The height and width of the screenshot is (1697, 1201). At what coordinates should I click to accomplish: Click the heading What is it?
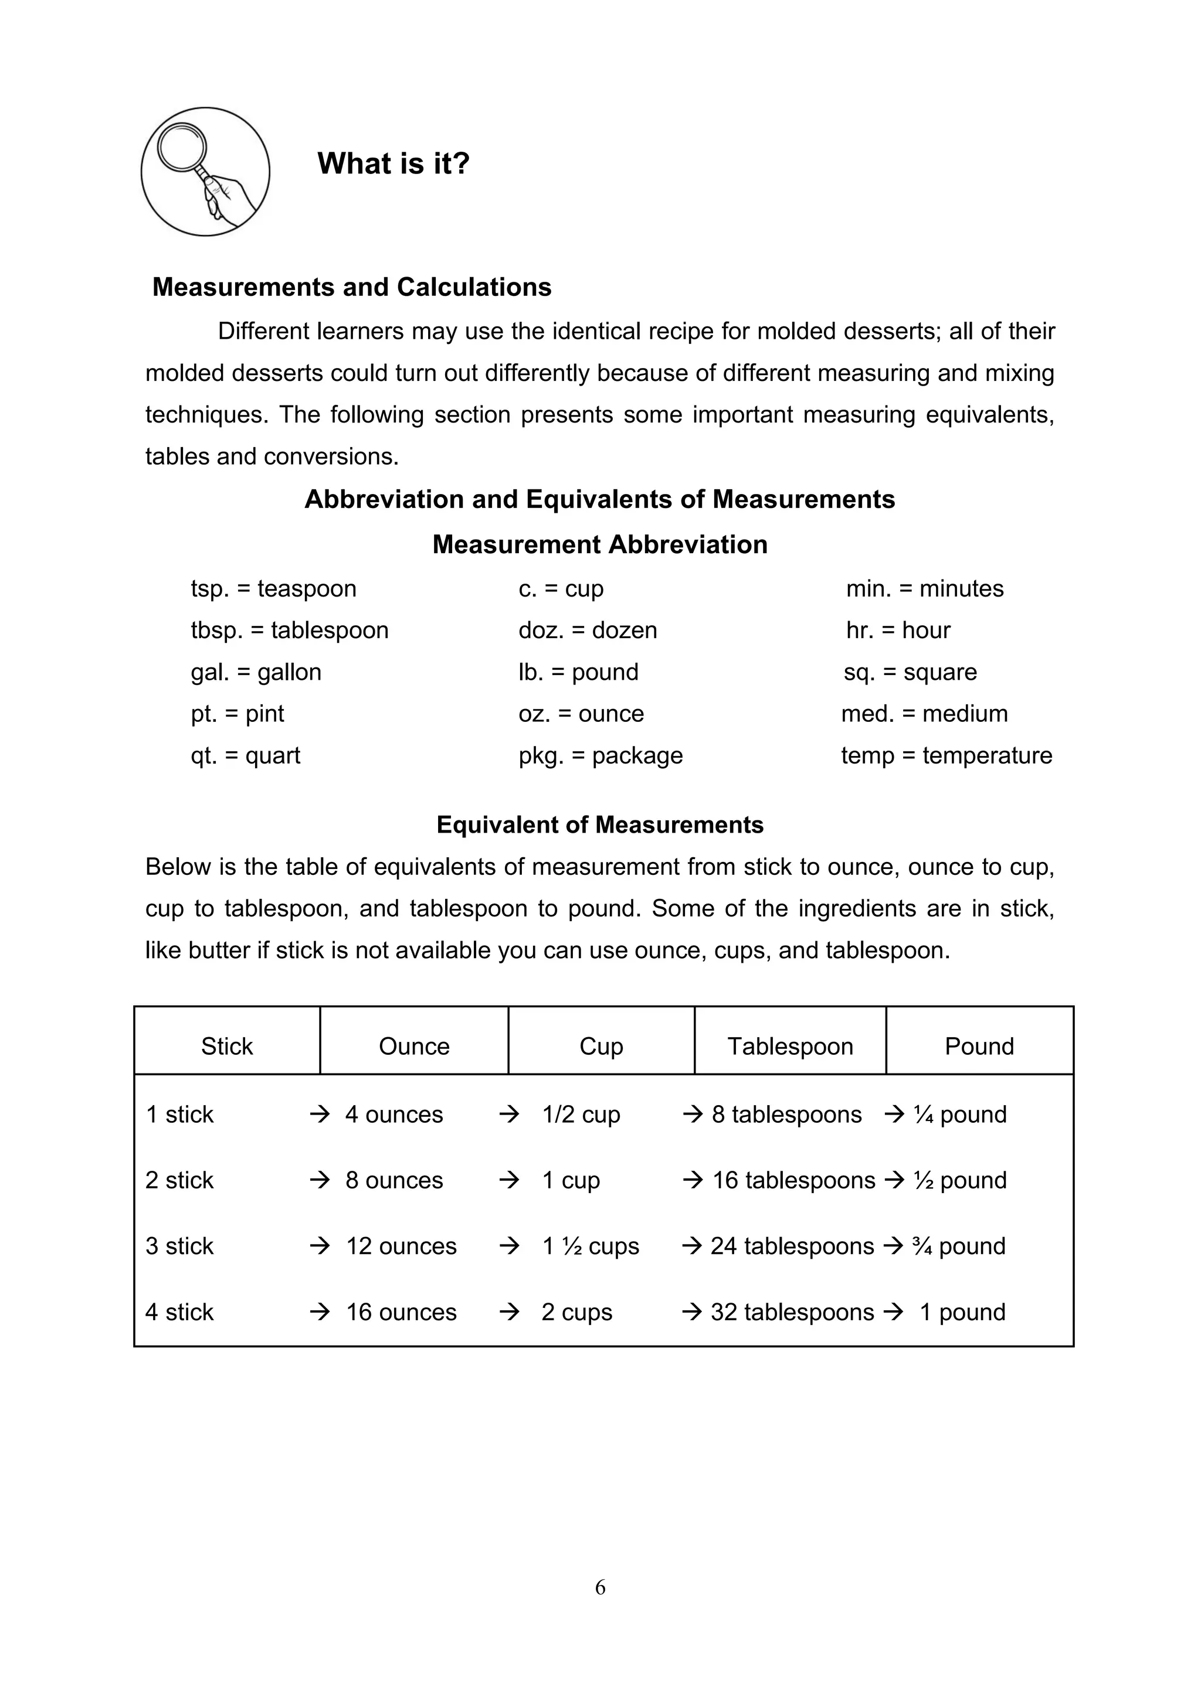[393, 163]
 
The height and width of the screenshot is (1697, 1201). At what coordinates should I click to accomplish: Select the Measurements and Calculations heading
[351, 287]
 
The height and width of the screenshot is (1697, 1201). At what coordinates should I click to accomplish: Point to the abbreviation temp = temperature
[946, 755]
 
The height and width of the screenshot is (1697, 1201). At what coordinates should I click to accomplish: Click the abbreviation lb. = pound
[578, 672]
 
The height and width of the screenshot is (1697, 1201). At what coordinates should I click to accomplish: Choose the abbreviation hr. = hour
[898, 630]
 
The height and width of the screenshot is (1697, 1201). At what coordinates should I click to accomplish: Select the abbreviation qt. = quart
[246, 755]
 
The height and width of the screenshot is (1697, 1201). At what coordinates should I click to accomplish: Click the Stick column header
[227, 1046]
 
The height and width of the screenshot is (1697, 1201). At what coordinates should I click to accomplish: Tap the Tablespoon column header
[790, 1046]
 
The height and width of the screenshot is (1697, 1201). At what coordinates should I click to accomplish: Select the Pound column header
[979, 1046]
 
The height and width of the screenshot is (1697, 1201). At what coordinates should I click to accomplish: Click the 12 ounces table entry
[401, 1246]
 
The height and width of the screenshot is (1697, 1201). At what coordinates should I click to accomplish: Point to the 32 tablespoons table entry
[792, 1312]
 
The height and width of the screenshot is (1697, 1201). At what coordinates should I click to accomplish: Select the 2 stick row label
[179, 1180]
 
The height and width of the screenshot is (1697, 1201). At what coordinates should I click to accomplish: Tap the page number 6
[600, 1587]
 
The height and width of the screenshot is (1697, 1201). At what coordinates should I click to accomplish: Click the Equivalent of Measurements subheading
[600, 825]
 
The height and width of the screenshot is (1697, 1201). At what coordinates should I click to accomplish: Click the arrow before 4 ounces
[320, 1114]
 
